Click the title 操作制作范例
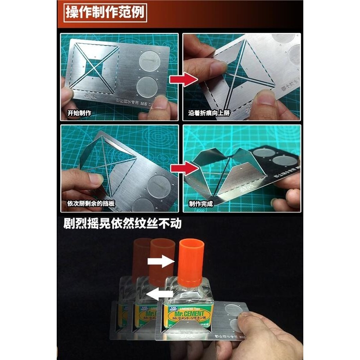click(105, 12)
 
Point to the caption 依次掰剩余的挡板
click(90, 204)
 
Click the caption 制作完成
click(201, 204)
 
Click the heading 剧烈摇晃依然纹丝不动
click(122, 224)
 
